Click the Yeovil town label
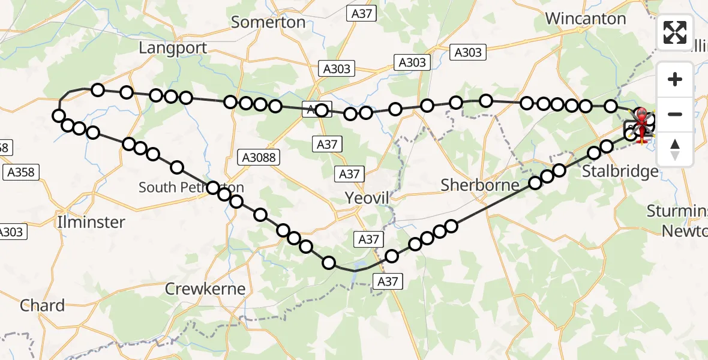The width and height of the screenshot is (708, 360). pyautogui.click(x=367, y=197)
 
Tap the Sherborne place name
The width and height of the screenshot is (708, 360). pyautogui.click(x=479, y=185)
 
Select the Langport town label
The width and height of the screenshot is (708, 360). pyautogui.click(x=173, y=48)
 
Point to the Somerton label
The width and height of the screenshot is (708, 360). pyautogui.click(x=268, y=22)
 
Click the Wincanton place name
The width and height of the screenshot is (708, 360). pyautogui.click(x=586, y=19)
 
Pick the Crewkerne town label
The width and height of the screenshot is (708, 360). pyautogui.click(x=206, y=289)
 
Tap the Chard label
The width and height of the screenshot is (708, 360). pyautogui.click(x=42, y=305)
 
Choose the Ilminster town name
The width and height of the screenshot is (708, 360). pyautogui.click(x=91, y=222)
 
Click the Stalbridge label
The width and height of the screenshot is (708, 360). pyautogui.click(x=620, y=172)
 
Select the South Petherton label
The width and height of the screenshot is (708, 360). pyautogui.click(x=191, y=187)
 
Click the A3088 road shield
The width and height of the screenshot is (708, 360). pyautogui.click(x=259, y=157)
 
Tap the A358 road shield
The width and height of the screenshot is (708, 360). pyautogui.click(x=21, y=173)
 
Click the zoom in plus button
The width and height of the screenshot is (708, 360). pyautogui.click(x=675, y=79)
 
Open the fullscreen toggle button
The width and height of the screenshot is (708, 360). pyautogui.click(x=675, y=32)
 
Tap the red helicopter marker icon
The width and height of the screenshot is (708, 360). pyautogui.click(x=642, y=118)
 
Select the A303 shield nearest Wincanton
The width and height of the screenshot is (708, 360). pyautogui.click(x=467, y=52)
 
